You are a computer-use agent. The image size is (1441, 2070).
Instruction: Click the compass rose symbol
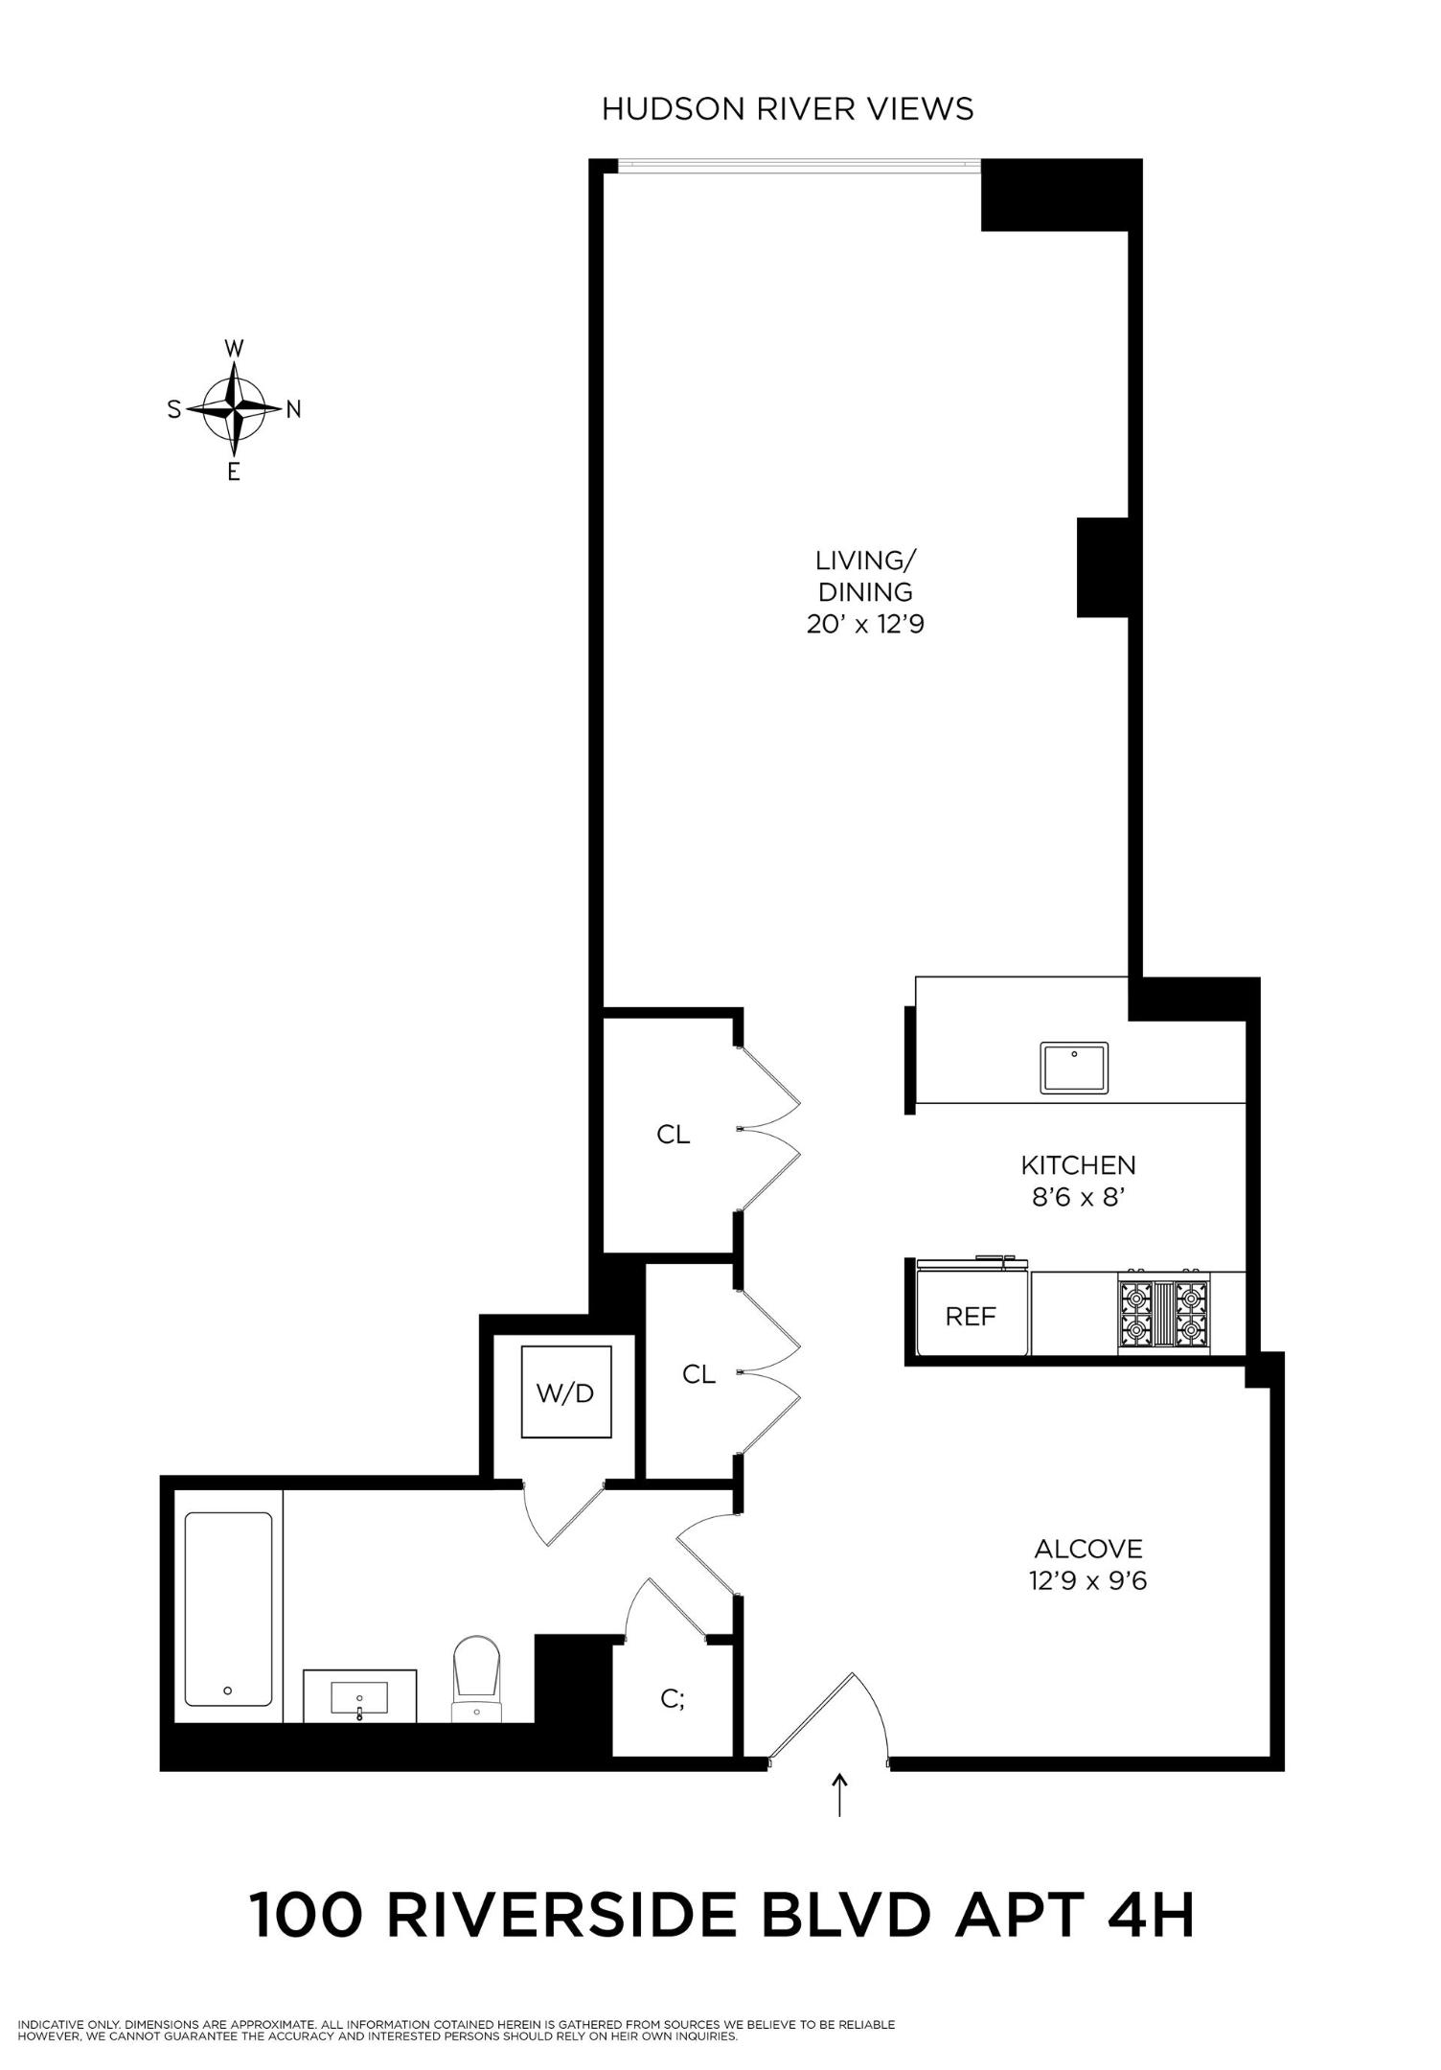click(x=234, y=409)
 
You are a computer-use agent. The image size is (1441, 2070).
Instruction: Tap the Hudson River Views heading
click(x=787, y=109)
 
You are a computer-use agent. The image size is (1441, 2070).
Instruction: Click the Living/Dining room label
click(x=864, y=576)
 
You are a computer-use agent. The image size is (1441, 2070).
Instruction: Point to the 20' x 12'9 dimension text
click(x=864, y=626)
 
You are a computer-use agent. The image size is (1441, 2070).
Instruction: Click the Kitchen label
click(x=1078, y=1165)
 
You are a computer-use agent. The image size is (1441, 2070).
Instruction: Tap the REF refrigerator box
click(x=972, y=1316)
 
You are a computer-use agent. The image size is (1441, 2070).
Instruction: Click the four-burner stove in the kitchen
click(x=1163, y=1314)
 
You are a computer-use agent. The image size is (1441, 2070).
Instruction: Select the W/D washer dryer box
click(x=565, y=1392)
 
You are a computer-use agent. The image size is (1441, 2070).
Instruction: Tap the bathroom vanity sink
click(x=360, y=1697)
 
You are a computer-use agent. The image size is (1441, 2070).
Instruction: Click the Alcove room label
click(x=1088, y=1549)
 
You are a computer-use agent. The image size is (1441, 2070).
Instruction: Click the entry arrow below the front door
click(x=840, y=1795)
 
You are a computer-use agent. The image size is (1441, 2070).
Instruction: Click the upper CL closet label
click(x=674, y=1135)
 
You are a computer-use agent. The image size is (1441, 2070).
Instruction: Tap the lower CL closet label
click(x=699, y=1374)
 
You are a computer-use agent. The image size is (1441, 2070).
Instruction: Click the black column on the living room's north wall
click(x=1104, y=567)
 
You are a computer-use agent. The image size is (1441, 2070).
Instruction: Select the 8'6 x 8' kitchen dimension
click(x=1078, y=1197)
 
